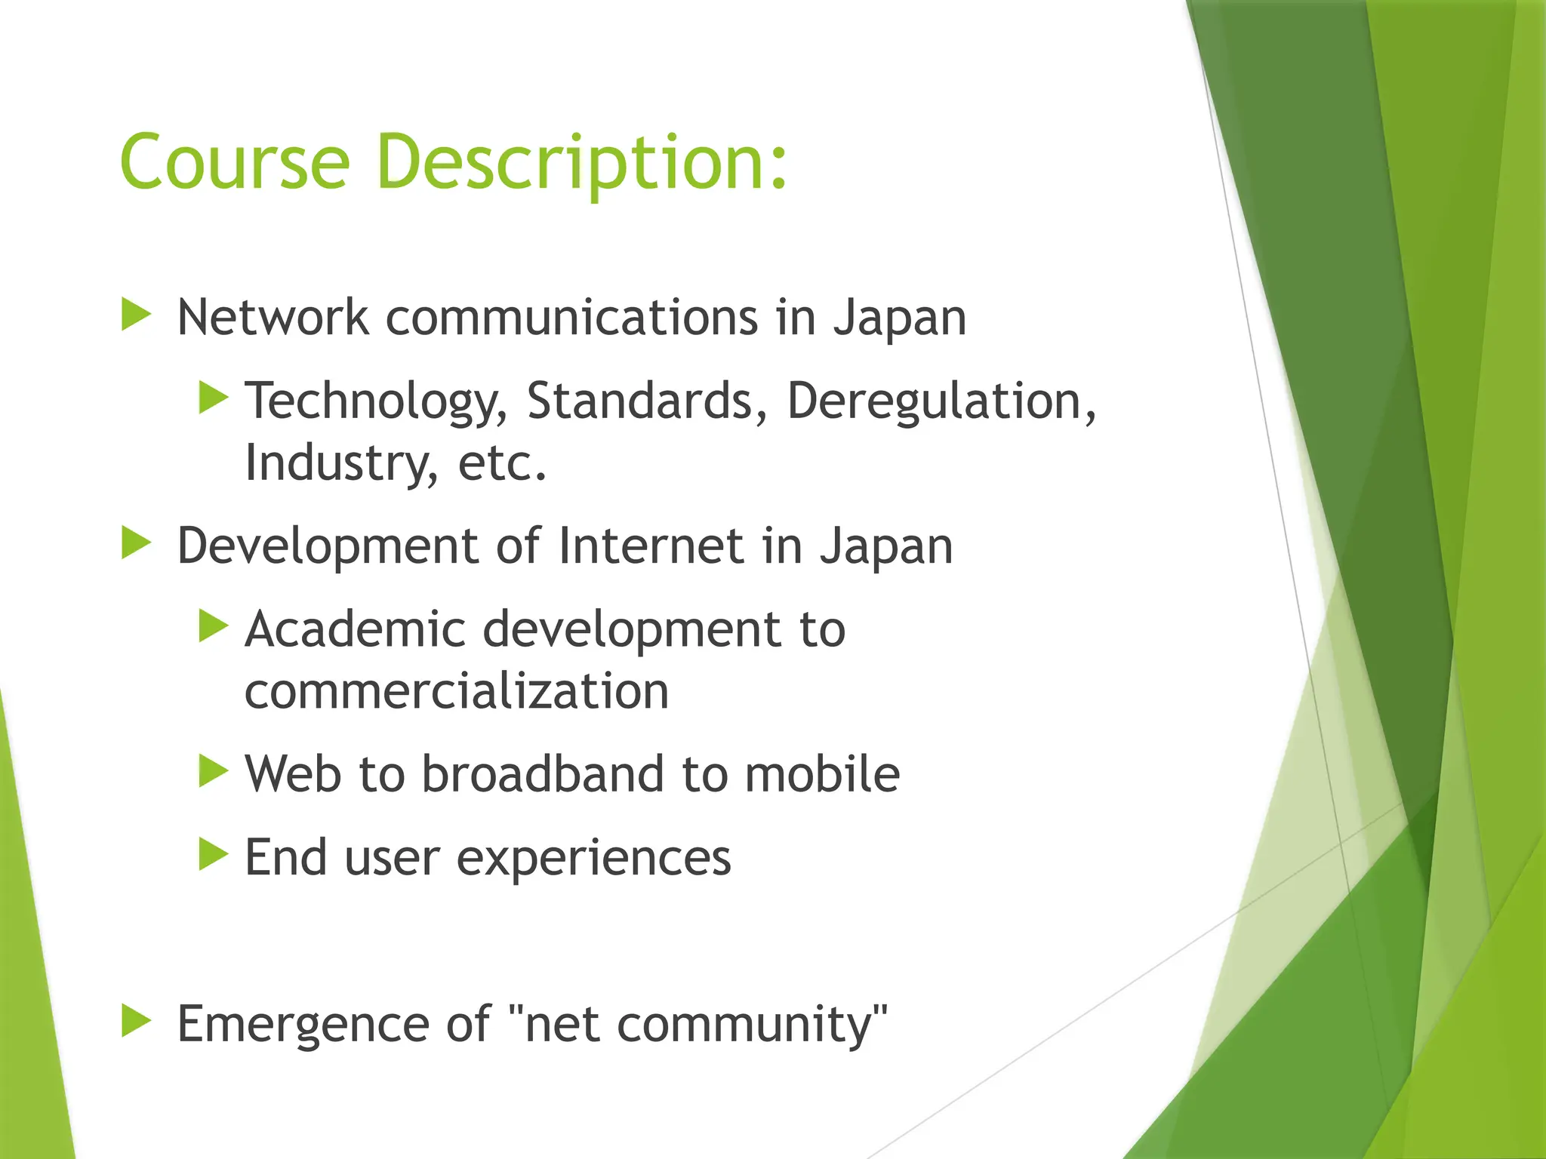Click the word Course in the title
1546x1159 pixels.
coord(235,161)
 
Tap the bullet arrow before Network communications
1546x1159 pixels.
coord(136,315)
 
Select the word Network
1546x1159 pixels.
coord(273,317)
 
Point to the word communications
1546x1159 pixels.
coord(571,317)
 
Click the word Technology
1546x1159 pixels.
coord(376,401)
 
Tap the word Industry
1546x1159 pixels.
coord(340,463)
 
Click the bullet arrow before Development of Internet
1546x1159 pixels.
coord(136,543)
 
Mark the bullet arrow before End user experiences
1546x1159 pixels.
coord(213,855)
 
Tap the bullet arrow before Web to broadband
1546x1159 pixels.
coord(213,771)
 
